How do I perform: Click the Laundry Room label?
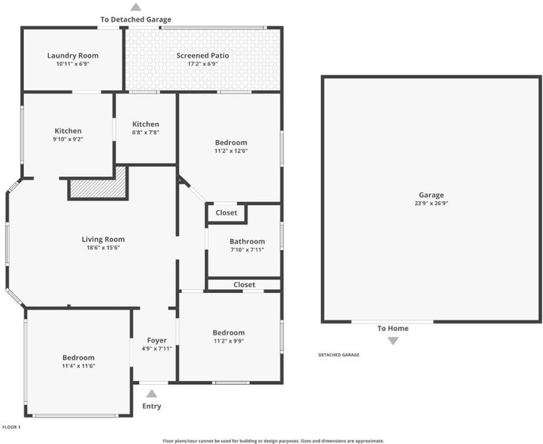(x=72, y=55)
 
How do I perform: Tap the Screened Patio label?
(x=203, y=55)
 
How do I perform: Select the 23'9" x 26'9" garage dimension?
(x=431, y=203)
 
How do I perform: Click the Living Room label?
(x=103, y=239)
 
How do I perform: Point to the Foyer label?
(x=157, y=340)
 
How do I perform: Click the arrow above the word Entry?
(x=152, y=394)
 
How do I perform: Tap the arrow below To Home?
(x=393, y=341)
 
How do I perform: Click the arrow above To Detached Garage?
(x=136, y=7)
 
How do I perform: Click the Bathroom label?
(x=247, y=241)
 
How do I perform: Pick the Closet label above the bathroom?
(x=226, y=212)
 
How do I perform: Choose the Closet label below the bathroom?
(x=244, y=285)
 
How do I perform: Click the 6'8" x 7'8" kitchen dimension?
(x=146, y=132)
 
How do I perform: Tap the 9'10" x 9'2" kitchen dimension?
(x=68, y=139)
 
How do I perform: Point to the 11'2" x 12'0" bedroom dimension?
(x=231, y=151)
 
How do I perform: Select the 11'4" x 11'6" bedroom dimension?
(x=78, y=366)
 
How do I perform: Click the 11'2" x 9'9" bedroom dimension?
(x=229, y=341)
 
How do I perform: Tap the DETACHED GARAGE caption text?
(x=339, y=354)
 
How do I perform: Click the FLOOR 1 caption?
(x=11, y=427)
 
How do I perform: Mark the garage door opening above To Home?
(x=392, y=322)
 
